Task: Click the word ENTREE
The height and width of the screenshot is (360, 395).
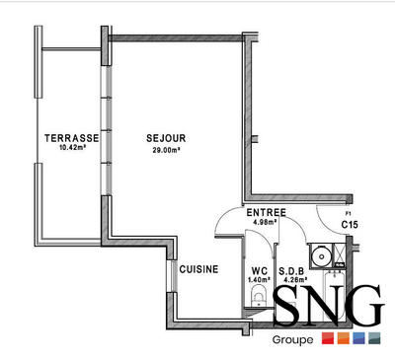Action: point(266,212)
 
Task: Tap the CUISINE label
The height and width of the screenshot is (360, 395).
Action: point(198,268)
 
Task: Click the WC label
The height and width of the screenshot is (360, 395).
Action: point(260,270)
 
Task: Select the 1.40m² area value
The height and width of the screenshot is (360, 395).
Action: point(260,280)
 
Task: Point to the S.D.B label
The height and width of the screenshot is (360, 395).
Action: point(290,270)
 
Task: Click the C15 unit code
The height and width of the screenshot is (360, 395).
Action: point(349,225)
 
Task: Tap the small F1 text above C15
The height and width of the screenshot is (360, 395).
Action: point(348,214)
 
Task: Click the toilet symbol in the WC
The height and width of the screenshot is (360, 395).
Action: point(258,307)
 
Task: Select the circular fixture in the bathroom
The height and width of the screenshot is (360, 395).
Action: point(319,257)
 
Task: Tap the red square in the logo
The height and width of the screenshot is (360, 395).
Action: point(327,340)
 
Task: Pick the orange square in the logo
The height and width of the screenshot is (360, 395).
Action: point(343,340)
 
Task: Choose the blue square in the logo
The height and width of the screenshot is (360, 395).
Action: point(358,340)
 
